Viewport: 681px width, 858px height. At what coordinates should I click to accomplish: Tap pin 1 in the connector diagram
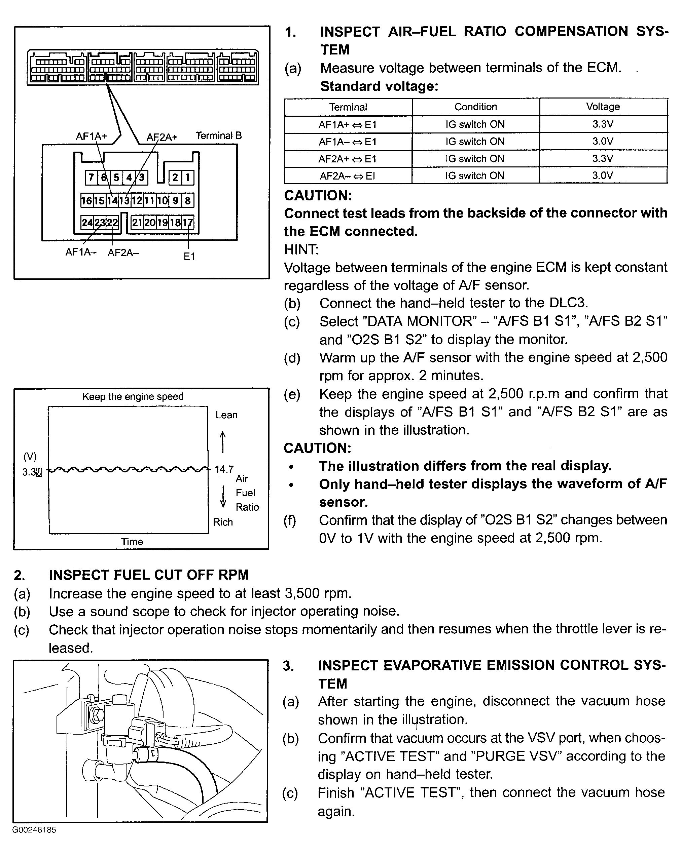coord(187,178)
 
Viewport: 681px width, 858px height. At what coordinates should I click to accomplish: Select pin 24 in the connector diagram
coord(87,223)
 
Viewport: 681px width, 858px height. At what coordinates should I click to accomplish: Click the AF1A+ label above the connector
coord(92,136)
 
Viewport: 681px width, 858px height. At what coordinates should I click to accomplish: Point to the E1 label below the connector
coord(189,257)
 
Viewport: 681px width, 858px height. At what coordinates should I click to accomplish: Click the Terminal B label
coord(219,136)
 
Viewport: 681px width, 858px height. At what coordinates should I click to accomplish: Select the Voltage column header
coord(603,107)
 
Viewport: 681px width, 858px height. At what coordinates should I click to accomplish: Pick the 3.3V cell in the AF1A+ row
coord(603,124)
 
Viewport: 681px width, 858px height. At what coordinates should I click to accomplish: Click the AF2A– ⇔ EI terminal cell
coord(348,176)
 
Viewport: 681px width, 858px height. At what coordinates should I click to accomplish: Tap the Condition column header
coord(475,107)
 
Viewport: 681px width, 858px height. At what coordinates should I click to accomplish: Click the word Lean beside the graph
coord(226,415)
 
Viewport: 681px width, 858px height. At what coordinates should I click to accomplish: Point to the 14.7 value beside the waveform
coord(224,470)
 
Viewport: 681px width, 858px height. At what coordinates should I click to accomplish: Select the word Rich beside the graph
coord(223,522)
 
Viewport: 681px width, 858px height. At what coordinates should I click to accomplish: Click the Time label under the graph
coord(132,542)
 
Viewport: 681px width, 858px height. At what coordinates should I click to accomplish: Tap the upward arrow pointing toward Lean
coord(223,442)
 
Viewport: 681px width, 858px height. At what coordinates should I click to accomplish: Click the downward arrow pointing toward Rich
coord(223,497)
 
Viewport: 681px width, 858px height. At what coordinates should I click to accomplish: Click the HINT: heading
coord(301,249)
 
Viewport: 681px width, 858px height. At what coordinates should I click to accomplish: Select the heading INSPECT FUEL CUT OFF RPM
coord(148,575)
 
